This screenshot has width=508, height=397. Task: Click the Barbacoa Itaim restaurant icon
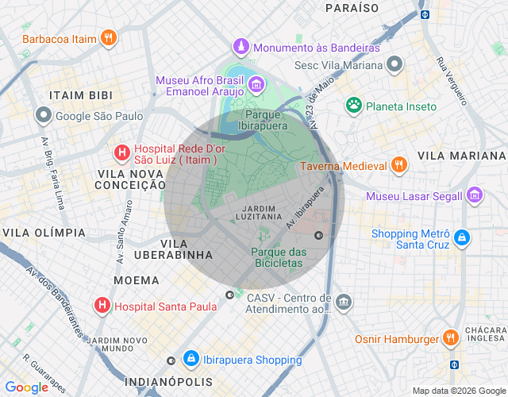tap(109, 37)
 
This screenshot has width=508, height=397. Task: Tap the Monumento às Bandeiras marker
tap(241, 48)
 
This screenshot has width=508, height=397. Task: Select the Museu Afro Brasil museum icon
tap(256, 85)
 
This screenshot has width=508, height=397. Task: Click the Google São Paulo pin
tap(43, 116)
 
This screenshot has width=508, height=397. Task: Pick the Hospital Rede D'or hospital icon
tap(121, 152)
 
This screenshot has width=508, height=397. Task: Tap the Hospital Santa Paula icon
tap(102, 305)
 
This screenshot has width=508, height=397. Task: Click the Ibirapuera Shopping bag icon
tap(191, 360)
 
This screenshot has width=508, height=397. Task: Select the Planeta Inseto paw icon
tap(354, 106)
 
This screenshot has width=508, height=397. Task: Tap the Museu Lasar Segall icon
tap(474, 195)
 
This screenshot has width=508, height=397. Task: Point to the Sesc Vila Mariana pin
tap(394, 65)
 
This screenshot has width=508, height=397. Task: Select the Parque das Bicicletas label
tap(278, 257)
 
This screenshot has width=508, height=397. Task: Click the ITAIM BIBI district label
tap(80, 94)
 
